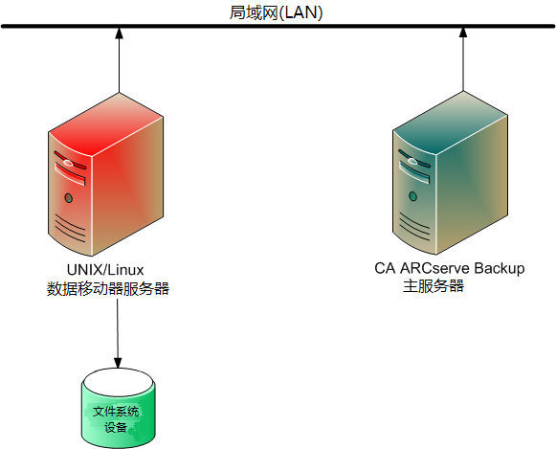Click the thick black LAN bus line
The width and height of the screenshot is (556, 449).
click(278, 27)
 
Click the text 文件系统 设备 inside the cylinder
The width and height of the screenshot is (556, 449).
click(116, 418)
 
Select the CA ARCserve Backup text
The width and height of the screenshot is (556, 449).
click(450, 268)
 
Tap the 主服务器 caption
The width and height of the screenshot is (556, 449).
click(434, 285)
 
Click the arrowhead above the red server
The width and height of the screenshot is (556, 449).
click(119, 35)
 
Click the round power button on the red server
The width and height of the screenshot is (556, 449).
click(68, 197)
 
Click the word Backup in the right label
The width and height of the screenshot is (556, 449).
click(500, 268)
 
